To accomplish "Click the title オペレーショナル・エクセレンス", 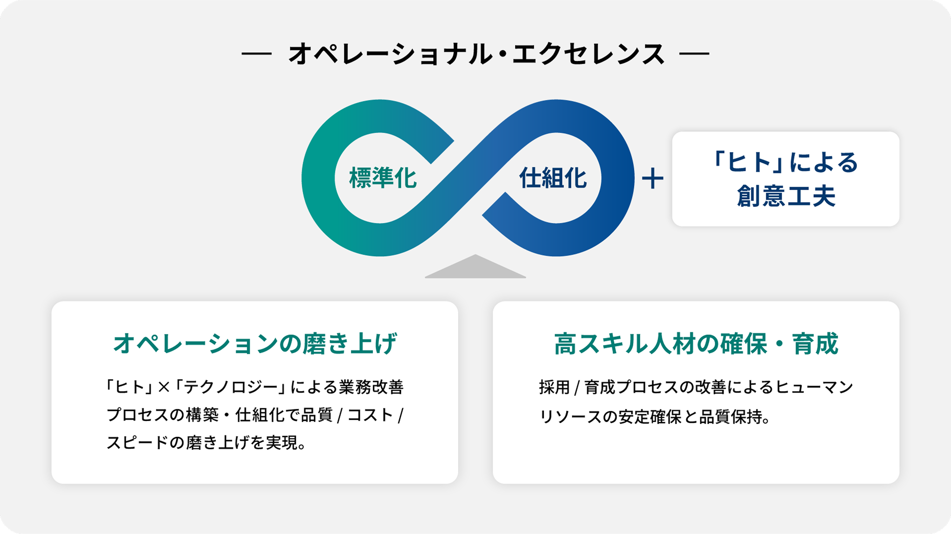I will [x=475, y=53].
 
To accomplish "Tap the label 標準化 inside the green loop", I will [x=382, y=178].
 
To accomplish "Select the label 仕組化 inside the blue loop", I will [x=553, y=178].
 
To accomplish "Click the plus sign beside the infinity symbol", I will [x=652, y=179].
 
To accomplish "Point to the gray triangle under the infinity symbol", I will [x=475, y=268].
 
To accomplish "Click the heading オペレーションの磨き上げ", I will [x=255, y=344].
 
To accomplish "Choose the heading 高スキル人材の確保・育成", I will [x=695, y=344].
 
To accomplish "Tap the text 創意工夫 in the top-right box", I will [x=786, y=196].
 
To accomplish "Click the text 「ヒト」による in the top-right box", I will [x=786, y=162].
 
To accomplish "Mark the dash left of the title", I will [x=257, y=53].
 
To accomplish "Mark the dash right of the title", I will [x=694, y=53].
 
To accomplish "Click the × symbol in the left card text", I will [x=163, y=387].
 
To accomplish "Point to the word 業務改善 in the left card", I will [x=371, y=387].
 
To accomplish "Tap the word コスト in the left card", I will [x=370, y=415].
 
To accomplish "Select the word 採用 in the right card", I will [x=554, y=387].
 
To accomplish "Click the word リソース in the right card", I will [x=570, y=417].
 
